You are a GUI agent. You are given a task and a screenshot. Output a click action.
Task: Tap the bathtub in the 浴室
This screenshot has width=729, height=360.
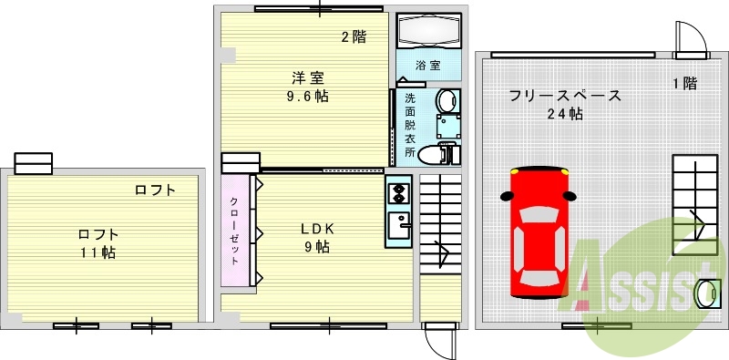pyautogui.click(x=430, y=32)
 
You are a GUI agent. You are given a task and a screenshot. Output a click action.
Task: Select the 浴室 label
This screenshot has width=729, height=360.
pyautogui.click(x=428, y=66)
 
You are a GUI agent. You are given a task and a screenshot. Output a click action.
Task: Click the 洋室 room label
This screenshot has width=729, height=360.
pyautogui.click(x=309, y=78)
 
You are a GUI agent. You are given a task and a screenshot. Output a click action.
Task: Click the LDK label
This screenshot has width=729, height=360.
pyautogui.click(x=318, y=229)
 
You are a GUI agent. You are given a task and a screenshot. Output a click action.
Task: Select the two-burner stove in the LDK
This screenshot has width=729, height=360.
pyautogui.click(x=398, y=192)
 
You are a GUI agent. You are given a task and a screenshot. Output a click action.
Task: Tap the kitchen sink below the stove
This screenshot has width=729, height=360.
pyautogui.click(x=397, y=224)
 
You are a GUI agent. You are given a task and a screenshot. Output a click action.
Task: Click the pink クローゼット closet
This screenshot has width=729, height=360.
pyautogui.click(x=234, y=230)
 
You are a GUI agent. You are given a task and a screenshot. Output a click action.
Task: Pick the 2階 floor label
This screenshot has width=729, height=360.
pyautogui.click(x=354, y=37)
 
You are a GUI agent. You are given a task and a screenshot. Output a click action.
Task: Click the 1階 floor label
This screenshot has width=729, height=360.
pyautogui.click(x=684, y=83)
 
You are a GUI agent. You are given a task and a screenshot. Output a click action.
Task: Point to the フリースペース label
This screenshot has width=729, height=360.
pyautogui.click(x=565, y=95)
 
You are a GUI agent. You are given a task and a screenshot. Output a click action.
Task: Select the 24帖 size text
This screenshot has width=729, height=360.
pyautogui.click(x=565, y=114)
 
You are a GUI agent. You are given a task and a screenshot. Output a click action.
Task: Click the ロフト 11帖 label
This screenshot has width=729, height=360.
pyautogui.click(x=96, y=242)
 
